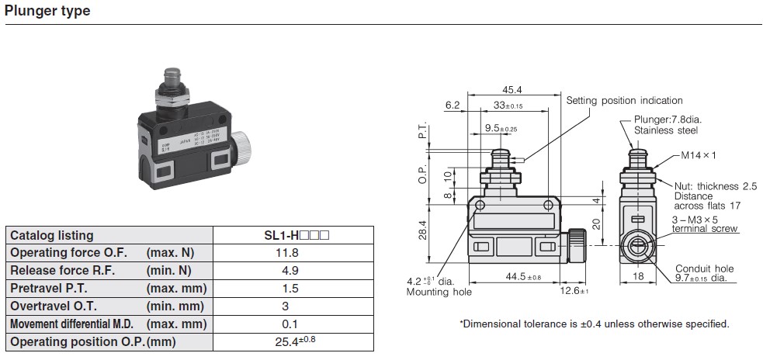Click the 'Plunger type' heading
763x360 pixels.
tap(47, 11)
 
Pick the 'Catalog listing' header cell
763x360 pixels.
tap(51, 235)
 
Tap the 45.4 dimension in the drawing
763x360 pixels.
tap(512, 89)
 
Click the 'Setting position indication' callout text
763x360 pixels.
tap(624, 100)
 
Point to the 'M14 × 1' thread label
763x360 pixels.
tap(699, 155)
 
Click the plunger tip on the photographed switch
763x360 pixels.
tap(169, 76)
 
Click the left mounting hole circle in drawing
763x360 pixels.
tap(480, 206)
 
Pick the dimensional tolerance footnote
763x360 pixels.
tap(594, 324)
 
